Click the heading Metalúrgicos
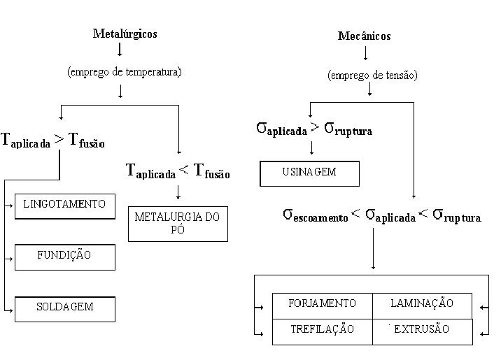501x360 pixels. [125, 34]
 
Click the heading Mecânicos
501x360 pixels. [364, 36]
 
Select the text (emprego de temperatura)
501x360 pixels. [125, 71]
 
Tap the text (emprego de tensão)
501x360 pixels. [372, 75]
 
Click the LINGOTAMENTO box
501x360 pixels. [64, 205]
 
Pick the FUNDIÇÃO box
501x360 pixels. [64, 256]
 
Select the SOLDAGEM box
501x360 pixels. [64, 308]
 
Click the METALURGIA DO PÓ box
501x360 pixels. [178, 223]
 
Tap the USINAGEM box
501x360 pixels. [309, 173]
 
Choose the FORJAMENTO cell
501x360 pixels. [322, 303]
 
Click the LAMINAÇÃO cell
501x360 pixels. [422, 303]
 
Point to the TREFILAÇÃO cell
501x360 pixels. [322, 329]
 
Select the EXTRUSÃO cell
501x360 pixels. [422, 329]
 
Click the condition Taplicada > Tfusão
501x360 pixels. [53, 140]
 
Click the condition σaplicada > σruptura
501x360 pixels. [314, 129]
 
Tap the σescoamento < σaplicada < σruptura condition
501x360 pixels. [381, 215]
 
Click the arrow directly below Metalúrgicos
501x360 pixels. [120, 50]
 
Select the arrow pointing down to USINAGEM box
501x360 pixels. [310, 148]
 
